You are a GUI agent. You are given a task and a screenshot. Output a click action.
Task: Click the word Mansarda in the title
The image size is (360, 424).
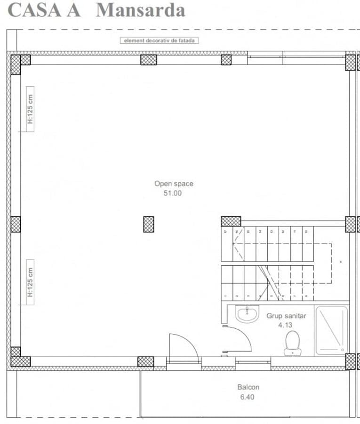click(x=140, y=10)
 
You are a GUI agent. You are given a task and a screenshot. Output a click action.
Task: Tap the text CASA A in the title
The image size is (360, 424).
click(x=44, y=10)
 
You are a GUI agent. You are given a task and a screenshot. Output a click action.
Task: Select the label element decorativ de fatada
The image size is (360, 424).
click(x=160, y=41)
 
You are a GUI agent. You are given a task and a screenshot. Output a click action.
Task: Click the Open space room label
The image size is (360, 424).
click(x=174, y=184)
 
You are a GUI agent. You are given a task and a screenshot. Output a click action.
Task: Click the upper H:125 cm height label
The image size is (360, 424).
click(x=30, y=110)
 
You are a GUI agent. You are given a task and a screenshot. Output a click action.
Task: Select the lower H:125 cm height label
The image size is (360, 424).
click(x=30, y=282)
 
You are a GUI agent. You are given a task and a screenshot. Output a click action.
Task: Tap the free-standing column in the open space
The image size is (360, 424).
click(x=149, y=224)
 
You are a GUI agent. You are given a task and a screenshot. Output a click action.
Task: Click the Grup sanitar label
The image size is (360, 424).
click(x=286, y=316)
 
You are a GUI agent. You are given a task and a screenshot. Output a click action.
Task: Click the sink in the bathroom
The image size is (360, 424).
click(x=247, y=314)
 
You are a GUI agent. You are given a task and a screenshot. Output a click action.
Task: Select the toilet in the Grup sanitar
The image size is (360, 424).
click(x=292, y=342)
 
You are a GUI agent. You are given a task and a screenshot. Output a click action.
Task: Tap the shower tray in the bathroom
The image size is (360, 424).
click(x=331, y=330)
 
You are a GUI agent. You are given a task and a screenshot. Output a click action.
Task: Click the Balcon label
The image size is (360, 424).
click(x=248, y=387)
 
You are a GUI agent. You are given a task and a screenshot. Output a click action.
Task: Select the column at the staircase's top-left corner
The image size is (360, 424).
click(x=231, y=221)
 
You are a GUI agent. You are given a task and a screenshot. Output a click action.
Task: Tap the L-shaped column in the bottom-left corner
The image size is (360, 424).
click(x=19, y=359)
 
